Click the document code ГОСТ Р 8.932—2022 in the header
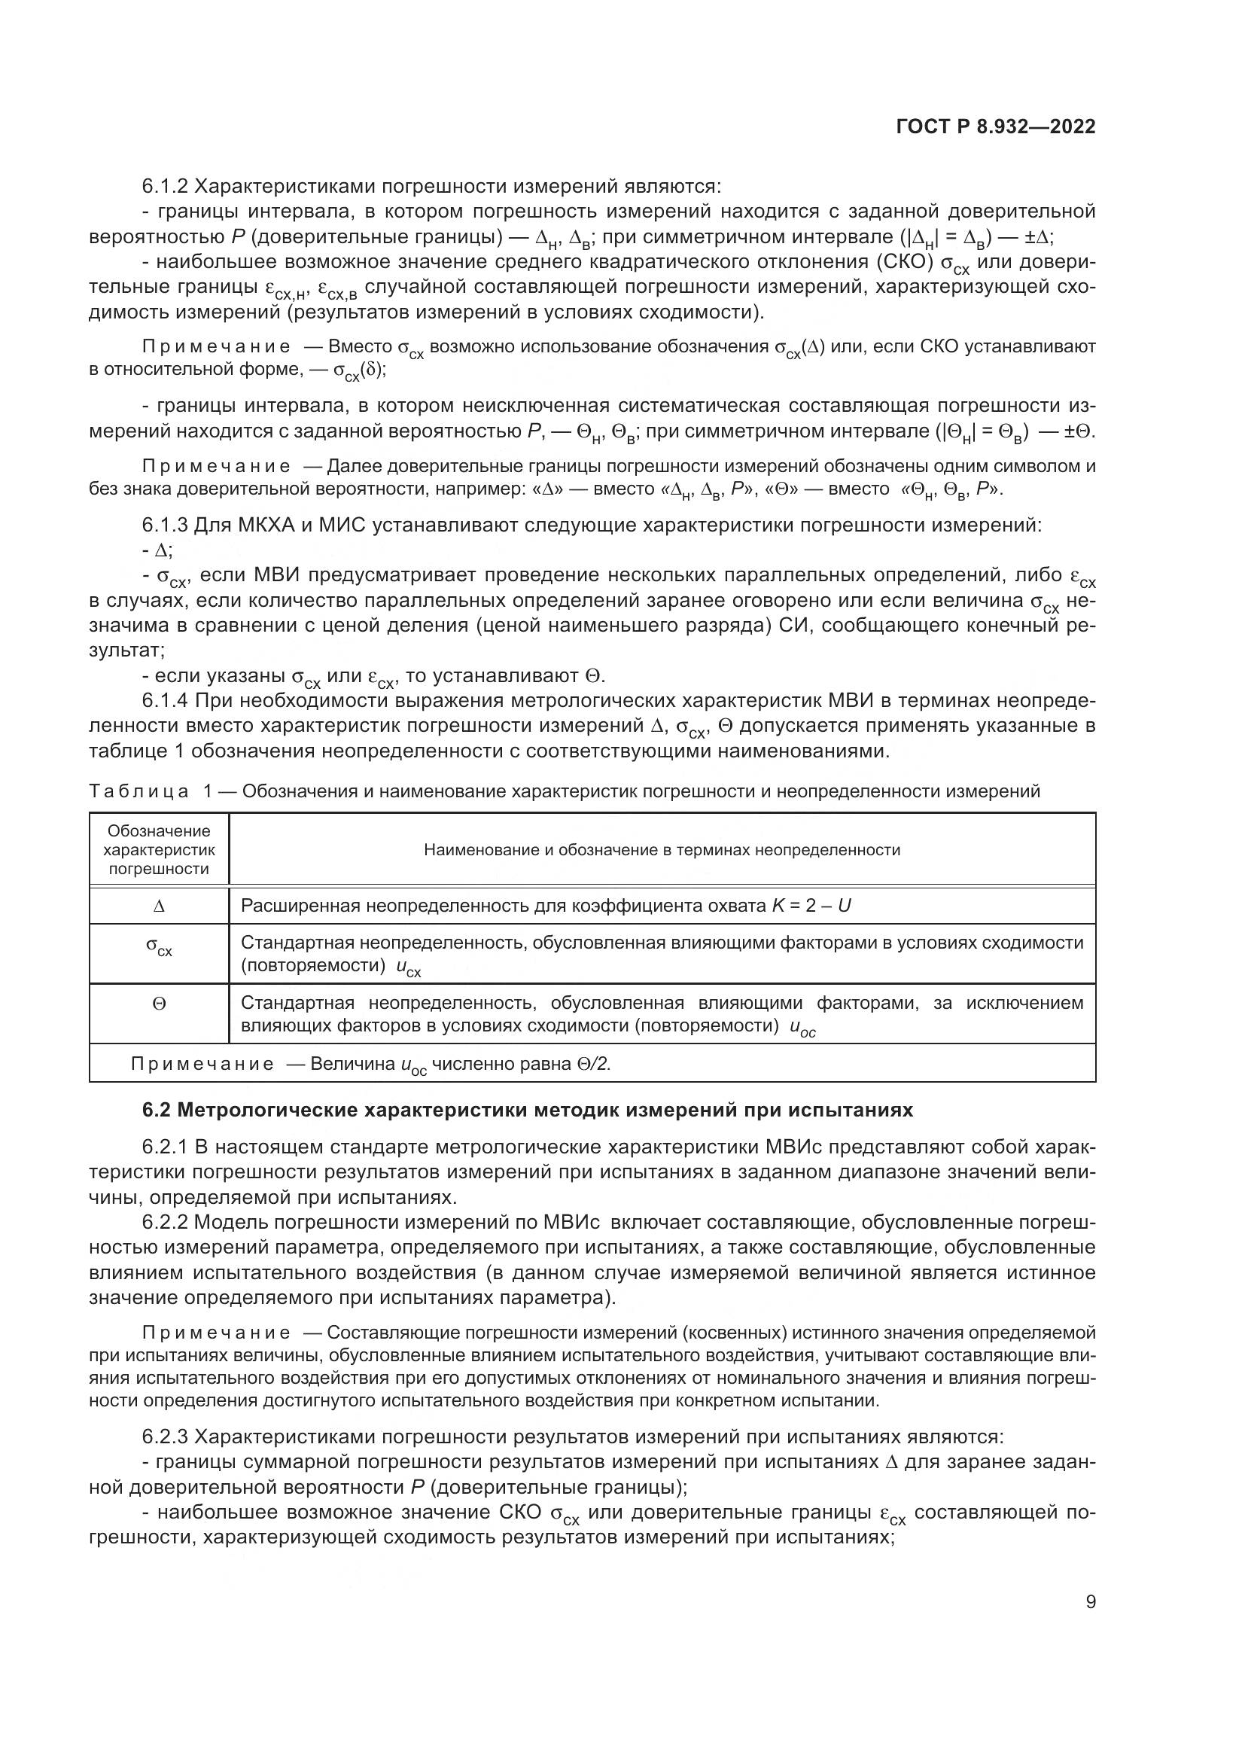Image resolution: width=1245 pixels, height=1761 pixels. (x=995, y=127)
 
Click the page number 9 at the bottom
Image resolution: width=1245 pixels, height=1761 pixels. (x=1090, y=1601)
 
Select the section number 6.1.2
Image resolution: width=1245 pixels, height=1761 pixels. (x=164, y=187)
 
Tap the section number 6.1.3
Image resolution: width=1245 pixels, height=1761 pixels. (x=164, y=526)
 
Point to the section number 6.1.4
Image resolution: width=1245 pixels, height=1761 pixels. (x=164, y=700)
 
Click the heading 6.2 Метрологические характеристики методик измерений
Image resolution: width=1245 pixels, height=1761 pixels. (x=528, y=1110)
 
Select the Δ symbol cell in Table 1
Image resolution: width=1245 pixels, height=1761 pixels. (x=159, y=906)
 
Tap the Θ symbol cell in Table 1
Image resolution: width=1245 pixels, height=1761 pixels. (x=159, y=1003)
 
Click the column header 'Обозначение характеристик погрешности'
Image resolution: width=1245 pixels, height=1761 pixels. (x=159, y=850)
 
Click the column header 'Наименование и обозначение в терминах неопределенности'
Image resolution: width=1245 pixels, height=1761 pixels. (x=662, y=850)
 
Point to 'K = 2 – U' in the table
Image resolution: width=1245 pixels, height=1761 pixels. (x=811, y=906)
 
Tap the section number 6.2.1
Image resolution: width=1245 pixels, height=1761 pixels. (x=164, y=1147)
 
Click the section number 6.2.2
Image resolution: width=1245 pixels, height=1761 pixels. (x=164, y=1222)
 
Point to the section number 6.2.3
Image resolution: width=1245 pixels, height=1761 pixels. (x=164, y=1437)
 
